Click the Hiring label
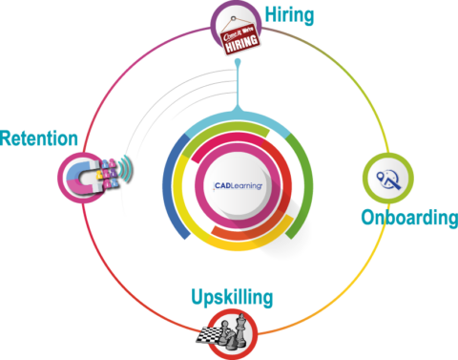[289, 16]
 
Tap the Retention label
[39, 138]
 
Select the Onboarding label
[408, 218]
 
